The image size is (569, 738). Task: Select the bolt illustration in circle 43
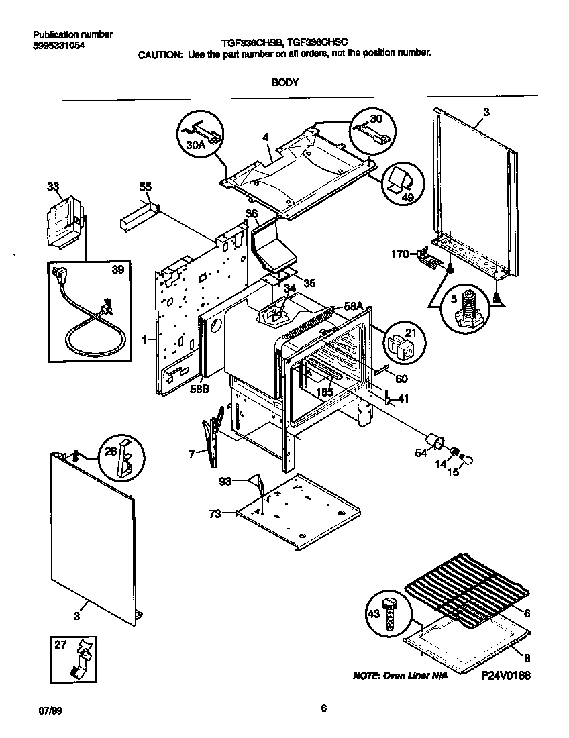click(x=390, y=613)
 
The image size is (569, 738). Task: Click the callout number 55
click(x=146, y=187)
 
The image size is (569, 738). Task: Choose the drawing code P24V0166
click(x=505, y=676)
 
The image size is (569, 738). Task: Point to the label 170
click(x=399, y=254)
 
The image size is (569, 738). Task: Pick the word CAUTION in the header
click(x=160, y=54)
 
